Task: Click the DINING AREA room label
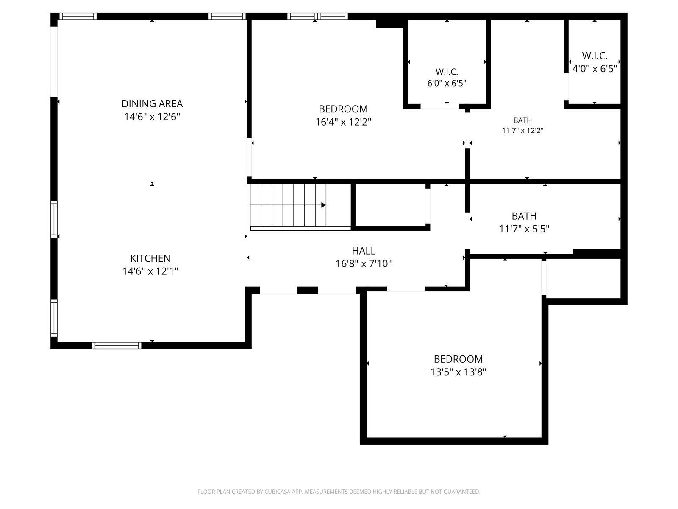[152, 104]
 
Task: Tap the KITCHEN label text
[150, 258]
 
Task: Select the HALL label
[364, 251]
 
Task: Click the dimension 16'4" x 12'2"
[343, 122]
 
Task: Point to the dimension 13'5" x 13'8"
[458, 372]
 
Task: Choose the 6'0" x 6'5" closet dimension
[447, 83]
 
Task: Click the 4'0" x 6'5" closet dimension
[594, 69]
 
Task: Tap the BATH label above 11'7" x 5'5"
[524, 216]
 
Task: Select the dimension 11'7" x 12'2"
[522, 130]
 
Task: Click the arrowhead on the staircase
[323, 205]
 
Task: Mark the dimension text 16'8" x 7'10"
[364, 263]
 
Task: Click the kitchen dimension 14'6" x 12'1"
[150, 271]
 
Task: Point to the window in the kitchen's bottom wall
[117, 345]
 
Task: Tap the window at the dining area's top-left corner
[78, 16]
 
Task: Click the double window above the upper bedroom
[317, 16]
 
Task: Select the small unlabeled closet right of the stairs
[390, 205]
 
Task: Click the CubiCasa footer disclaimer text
[339, 492]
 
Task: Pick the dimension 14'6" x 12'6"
[152, 117]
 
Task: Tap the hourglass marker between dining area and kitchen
[152, 184]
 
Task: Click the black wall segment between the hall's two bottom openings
[308, 290]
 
